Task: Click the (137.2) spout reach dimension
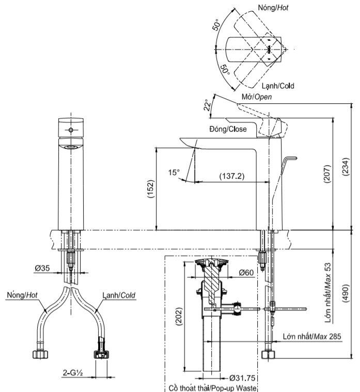232,176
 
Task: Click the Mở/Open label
257,97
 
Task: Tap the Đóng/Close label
228,129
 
